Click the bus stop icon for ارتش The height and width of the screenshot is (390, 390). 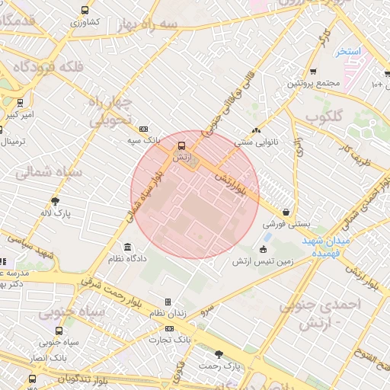pyautogui.click(x=181, y=145)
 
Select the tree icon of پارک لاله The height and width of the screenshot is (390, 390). pyautogui.click(x=55, y=202)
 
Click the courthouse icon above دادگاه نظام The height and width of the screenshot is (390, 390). pyautogui.click(x=126, y=248)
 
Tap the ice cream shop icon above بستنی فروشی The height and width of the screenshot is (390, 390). pyautogui.click(x=285, y=213)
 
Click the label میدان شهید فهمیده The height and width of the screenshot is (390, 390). pyautogui.click(x=325, y=245)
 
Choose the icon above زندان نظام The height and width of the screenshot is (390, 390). pyautogui.click(x=168, y=302)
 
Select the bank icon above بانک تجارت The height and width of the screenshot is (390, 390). pyautogui.click(x=169, y=328)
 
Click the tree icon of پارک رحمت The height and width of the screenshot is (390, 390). pyautogui.click(x=219, y=353)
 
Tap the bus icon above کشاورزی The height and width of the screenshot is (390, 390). pyautogui.click(x=84, y=11)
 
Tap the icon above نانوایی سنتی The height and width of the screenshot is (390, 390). pyautogui.click(x=257, y=130)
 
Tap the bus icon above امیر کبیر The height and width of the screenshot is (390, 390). pyautogui.click(x=20, y=102)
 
